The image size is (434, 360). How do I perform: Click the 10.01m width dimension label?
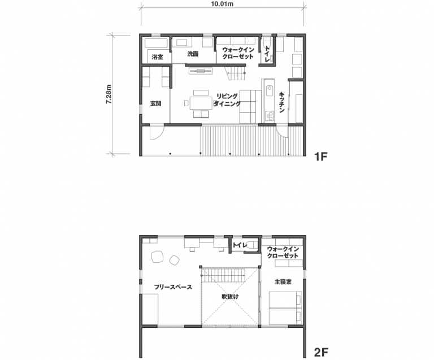pos(222,5)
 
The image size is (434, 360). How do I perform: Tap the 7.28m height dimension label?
pos(108,94)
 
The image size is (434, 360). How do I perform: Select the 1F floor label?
pos(321,157)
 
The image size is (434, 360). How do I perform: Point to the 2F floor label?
pos(321,352)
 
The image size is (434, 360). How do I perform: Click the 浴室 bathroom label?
pos(158,57)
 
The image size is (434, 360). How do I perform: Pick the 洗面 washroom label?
pos(193,54)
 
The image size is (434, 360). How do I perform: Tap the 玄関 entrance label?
pos(155,103)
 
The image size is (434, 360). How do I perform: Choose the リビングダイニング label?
pos(227,100)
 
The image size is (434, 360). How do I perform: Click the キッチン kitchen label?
pos(282,102)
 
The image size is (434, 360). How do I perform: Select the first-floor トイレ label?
pos(267,54)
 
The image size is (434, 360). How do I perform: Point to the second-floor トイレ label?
pos(240,245)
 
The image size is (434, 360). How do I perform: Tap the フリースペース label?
pos(173,287)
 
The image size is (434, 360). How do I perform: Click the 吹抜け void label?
pos(230,297)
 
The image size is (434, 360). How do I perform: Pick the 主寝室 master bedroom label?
pos(283,281)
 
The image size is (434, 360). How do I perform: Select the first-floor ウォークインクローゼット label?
pos(238,53)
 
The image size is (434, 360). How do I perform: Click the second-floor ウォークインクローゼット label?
pos(283,252)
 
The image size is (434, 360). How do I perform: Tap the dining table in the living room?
pos(201,103)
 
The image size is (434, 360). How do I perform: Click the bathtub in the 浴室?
pos(156,43)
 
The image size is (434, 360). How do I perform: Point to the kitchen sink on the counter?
pos(270,90)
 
